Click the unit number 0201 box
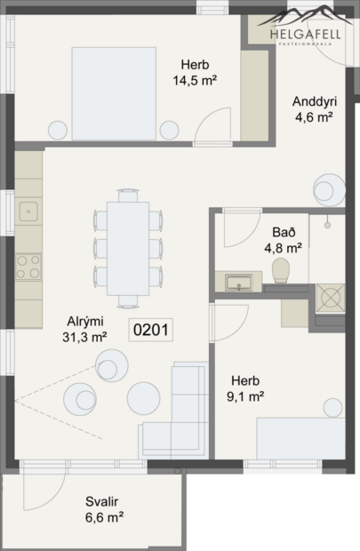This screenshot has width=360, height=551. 151,329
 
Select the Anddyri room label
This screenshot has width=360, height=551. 314,100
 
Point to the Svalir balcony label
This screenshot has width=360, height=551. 103,500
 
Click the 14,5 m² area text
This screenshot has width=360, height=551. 196,80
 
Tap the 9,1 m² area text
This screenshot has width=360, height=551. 243,396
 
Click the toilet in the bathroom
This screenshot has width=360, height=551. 283,270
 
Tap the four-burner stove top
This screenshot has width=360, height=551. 28,263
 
